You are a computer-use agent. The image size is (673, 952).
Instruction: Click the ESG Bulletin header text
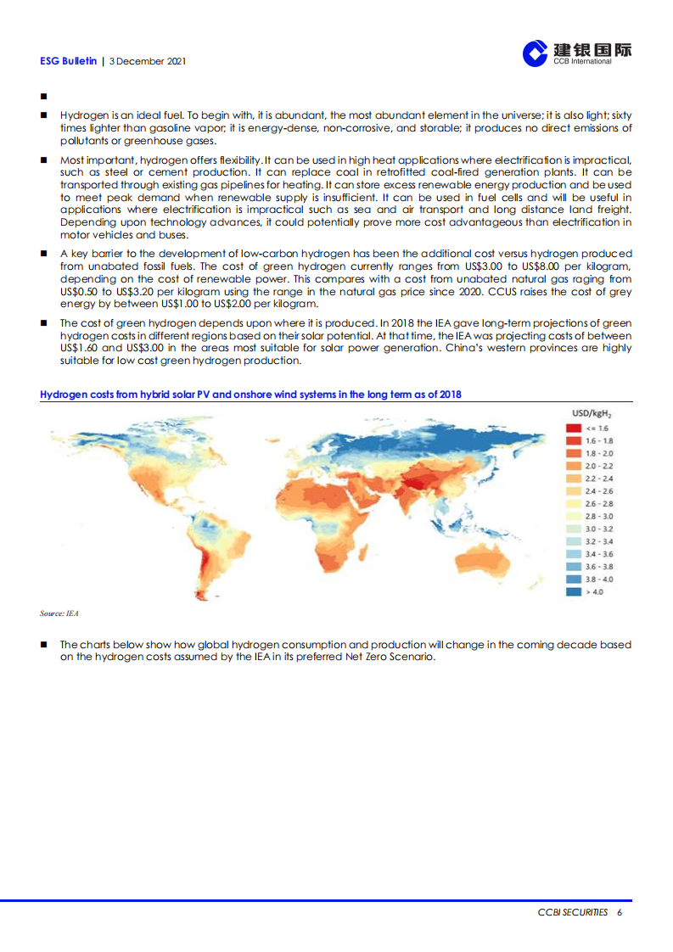point(68,61)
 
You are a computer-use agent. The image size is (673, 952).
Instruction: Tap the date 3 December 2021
point(148,61)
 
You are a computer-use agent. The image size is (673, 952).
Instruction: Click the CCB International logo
point(577,53)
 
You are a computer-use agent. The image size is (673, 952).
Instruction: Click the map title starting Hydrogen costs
point(250,395)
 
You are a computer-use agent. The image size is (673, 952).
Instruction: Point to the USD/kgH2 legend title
point(592,413)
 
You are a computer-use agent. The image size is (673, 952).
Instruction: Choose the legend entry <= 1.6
point(597,428)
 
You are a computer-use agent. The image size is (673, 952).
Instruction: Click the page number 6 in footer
point(620,912)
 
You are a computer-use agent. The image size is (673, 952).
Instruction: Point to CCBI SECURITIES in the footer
point(573,912)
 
